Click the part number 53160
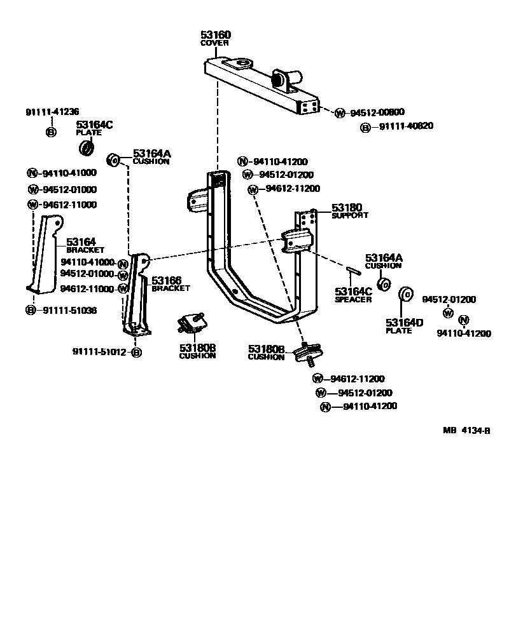215,34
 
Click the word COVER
214,43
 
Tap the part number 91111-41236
53,112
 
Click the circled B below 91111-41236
51,132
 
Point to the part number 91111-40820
406,126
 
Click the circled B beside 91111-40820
366,128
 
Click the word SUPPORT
349,216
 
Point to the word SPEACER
353,300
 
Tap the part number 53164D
404,323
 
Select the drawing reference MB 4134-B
466,430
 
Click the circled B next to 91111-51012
136,352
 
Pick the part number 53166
165,280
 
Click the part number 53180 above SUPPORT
346,208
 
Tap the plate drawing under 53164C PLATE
87,149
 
